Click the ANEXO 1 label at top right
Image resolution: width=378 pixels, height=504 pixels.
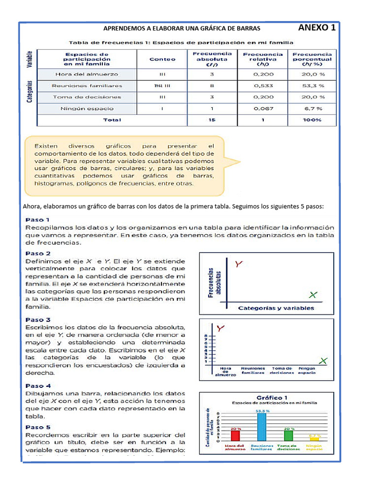click(317, 28)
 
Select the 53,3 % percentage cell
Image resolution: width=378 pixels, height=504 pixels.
click(313, 85)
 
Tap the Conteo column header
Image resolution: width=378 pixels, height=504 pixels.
click(162, 59)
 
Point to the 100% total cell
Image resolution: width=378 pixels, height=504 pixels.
click(313, 120)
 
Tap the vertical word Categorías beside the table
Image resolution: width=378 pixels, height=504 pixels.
click(30, 92)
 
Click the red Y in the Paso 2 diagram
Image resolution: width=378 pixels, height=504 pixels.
click(238, 265)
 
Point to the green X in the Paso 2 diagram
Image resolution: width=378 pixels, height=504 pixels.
click(313, 295)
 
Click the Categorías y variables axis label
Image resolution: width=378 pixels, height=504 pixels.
click(276, 309)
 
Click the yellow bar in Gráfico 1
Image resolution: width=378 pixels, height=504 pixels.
click(314, 440)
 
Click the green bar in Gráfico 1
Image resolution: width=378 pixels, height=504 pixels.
click(288, 436)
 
